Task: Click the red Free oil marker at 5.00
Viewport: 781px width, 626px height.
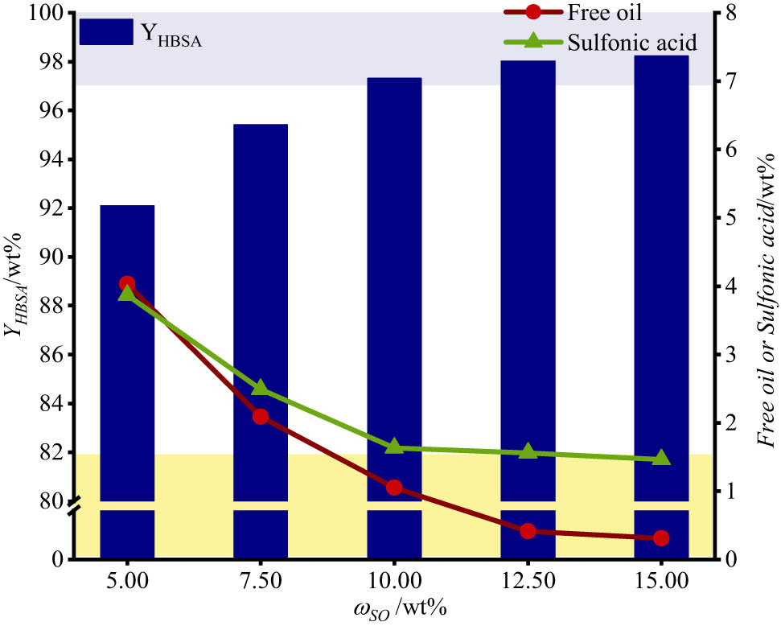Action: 127,284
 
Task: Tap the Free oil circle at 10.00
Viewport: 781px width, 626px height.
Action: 394,488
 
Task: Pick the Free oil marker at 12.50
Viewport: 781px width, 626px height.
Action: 528,531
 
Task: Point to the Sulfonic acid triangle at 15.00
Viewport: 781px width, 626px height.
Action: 661,458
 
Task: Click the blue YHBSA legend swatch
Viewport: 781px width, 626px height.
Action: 105,32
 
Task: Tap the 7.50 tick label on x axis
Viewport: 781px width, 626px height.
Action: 261,580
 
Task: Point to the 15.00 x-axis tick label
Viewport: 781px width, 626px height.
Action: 661,580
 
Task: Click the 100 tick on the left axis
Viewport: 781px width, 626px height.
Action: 48,14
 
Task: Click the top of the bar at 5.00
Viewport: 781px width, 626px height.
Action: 127,207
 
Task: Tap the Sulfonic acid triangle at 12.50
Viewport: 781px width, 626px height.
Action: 528,451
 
